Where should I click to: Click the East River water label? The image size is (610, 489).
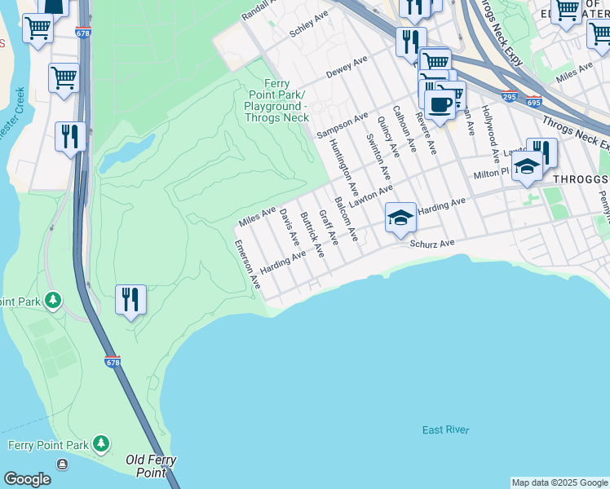(445, 430)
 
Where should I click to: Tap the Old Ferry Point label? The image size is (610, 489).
(152, 466)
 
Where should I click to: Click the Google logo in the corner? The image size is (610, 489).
(27, 479)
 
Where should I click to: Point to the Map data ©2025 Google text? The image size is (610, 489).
(559, 482)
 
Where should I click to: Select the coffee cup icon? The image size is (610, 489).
(440, 104)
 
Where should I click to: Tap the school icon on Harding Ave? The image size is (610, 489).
(400, 218)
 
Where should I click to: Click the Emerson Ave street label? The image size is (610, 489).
(247, 264)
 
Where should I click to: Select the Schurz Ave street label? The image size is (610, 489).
(431, 244)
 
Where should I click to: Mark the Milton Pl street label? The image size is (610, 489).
(492, 174)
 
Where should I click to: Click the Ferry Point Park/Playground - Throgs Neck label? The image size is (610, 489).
(277, 100)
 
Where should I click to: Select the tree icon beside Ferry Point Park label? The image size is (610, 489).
(101, 444)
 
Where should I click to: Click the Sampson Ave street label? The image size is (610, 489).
(343, 125)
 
